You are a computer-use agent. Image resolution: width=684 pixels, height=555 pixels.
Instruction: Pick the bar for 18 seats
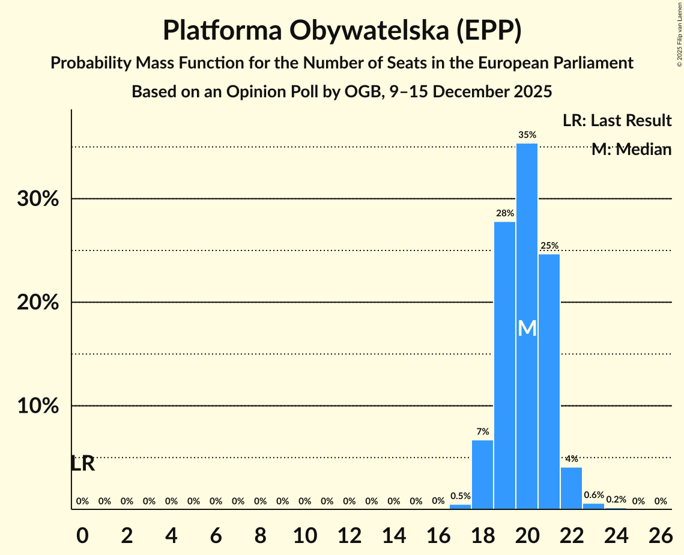(x=482, y=475)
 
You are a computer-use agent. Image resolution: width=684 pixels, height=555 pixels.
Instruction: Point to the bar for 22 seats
(x=571, y=488)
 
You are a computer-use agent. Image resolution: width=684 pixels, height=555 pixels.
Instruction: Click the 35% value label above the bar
(x=527, y=135)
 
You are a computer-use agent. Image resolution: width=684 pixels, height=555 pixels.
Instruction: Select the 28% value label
(x=505, y=213)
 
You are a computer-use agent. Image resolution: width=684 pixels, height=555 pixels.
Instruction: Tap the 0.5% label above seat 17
(x=460, y=496)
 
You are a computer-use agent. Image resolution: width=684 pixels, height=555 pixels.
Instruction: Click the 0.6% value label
(x=593, y=495)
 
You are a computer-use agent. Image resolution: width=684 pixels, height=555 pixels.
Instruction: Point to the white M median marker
(x=527, y=328)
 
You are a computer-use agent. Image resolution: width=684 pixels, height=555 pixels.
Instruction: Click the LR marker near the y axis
(x=82, y=464)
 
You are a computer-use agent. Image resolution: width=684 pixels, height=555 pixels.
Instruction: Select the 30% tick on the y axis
(x=38, y=199)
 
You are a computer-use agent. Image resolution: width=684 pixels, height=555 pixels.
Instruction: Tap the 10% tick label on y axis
(x=38, y=406)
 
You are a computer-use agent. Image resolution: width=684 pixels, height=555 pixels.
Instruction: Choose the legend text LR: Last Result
(x=617, y=121)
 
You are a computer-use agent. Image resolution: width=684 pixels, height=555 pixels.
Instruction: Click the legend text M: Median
(x=631, y=150)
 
